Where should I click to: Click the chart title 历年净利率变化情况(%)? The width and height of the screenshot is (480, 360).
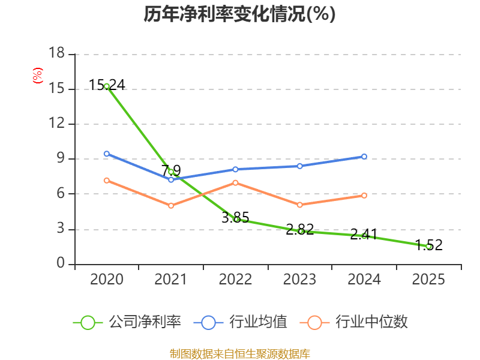pos(239,14)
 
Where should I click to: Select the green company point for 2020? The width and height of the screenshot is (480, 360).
pos(107,86)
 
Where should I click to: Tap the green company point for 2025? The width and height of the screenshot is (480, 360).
pos(428,246)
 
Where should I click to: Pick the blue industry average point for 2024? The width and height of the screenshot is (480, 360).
pos(364,157)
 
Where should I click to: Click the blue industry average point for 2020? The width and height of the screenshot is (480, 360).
pos(107,154)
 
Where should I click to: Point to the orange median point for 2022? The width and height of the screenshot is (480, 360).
pos(235,182)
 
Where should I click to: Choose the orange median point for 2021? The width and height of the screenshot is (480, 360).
pos(171,206)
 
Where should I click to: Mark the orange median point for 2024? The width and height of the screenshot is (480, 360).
pos(364,195)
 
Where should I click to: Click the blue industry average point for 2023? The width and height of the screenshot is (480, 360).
pos(300,166)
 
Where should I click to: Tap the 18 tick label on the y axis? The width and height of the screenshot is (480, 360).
pos(56,54)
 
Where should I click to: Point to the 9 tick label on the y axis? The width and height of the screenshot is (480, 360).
pos(61,159)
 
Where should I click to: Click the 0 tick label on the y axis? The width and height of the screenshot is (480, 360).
pos(61,264)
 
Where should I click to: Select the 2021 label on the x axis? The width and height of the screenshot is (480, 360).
pos(171,280)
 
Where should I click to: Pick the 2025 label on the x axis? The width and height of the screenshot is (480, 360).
pos(428,280)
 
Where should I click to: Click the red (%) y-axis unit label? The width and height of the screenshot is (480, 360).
pos(37,76)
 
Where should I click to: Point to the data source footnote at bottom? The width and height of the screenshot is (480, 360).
pos(239,353)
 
